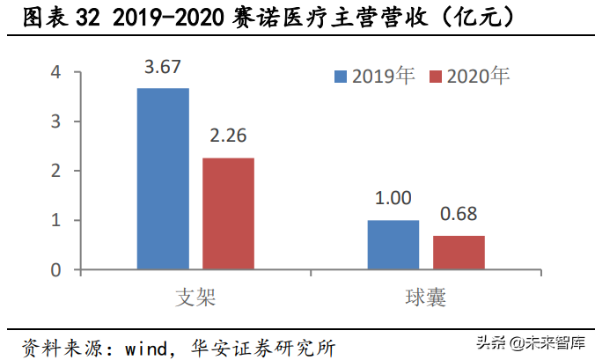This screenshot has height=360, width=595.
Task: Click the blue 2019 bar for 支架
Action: point(163,179)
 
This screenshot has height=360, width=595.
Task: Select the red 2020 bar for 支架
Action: point(228,213)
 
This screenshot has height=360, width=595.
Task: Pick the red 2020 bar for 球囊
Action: point(459,252)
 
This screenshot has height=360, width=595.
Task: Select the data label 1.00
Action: point(393,199)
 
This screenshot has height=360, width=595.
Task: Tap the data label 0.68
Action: point(459,215)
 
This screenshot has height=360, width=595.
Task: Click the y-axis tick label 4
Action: point(55,72)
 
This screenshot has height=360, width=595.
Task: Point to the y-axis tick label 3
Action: point(55,121)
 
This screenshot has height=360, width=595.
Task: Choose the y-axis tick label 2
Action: point(55,171)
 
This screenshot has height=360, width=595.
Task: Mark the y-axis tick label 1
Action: point(55,220)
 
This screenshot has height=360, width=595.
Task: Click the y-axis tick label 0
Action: point(55,269)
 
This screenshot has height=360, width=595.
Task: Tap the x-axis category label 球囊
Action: point(426,298)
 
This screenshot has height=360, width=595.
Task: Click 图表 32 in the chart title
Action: point(57,17)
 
